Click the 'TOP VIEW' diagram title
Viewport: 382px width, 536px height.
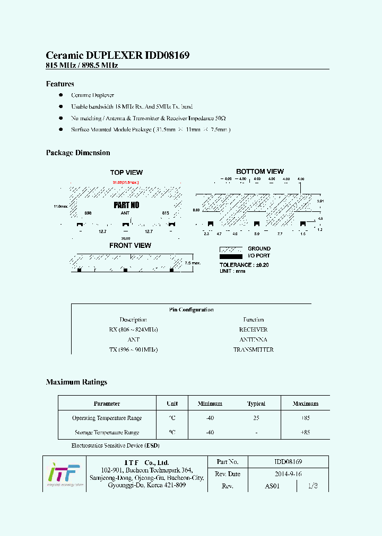click(x=126, y=172)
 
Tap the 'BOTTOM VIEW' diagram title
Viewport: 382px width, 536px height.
click(x=260, y=172)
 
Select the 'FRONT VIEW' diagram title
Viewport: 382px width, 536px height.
click(x=130, y=245)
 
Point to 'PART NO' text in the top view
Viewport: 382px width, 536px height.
click(x=126, y=205)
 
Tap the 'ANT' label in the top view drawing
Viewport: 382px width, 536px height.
click(x=125, y=212)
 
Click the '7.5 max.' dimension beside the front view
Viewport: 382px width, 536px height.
click(x=192, y=263)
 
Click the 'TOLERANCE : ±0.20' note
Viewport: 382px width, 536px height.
click(x=244, y=265)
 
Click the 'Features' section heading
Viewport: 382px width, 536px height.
click(x=60, y=84)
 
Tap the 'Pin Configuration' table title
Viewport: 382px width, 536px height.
click(x=191, y=309)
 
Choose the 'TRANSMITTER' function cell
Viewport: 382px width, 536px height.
click(x=253, y=350)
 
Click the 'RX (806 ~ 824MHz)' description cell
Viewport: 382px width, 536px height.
click(x=133, y=329)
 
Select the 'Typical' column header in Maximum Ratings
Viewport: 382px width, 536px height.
click(x=256, y=404)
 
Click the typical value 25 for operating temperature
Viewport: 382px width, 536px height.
click(x=256, y=418)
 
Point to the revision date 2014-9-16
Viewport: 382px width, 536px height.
click(x=288, y=474)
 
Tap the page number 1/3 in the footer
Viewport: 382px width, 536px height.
click(x=312, y=486)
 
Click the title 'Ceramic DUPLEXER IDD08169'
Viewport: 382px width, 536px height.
click(x=118, y=55)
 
